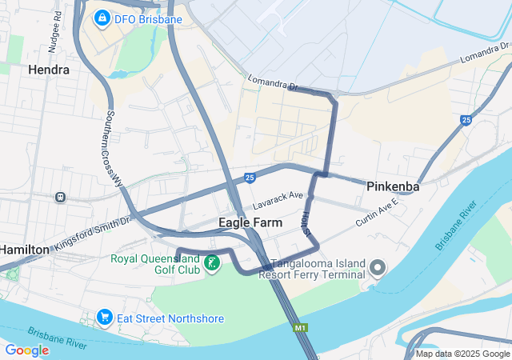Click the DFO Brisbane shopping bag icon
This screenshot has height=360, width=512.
click(102, 17)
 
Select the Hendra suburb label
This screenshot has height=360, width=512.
click(48, 70)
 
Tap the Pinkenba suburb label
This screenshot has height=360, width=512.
click(394, 186)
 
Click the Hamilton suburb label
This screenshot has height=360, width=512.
click(23, 250)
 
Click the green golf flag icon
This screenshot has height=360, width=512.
click(212, 262)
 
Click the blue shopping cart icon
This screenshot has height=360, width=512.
click(104, 318)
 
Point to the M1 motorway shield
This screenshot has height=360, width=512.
click(301, 328)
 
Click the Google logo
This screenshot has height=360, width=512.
click(26, 350)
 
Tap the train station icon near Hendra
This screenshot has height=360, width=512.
click(60, 197)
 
